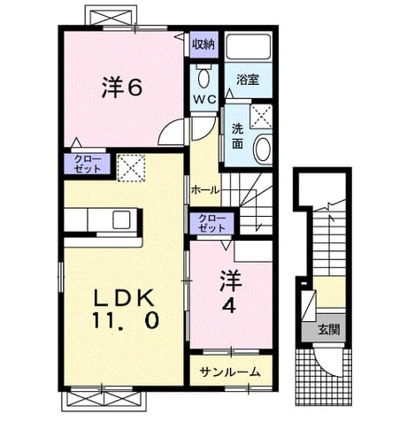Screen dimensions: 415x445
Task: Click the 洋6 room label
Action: (x=122, y=88)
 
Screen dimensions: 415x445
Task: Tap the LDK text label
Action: (x=124, y=298)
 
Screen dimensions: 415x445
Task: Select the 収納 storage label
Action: (x=204, y=44)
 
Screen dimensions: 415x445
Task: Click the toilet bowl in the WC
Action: (x=204, y=78)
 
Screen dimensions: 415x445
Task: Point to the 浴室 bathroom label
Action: (x=248, y=80)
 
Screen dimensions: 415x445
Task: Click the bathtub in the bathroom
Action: (x=249, y=47)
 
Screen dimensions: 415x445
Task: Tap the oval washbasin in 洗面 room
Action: (x=263, y=149)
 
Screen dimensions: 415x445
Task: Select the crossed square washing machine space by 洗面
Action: (x=261, y=116)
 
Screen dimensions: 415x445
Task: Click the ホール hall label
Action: (x=205, y=190)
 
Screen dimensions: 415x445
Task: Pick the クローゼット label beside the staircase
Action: (x=211, y=223)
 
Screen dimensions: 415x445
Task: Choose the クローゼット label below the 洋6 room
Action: (x=88, y=164)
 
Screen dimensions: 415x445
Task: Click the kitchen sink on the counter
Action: (x=121, y=220)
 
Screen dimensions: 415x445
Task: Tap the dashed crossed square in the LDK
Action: (x=131, y=167)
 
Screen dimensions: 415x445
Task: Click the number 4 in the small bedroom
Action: (x=229, y=306)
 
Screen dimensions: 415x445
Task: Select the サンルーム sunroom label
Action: (x=230, y=372)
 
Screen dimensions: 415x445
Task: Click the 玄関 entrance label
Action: (x=328, y=329)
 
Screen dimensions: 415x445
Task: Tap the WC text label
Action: (x=205, y=99)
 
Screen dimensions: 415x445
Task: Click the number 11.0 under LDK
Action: (x=126, y=320)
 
